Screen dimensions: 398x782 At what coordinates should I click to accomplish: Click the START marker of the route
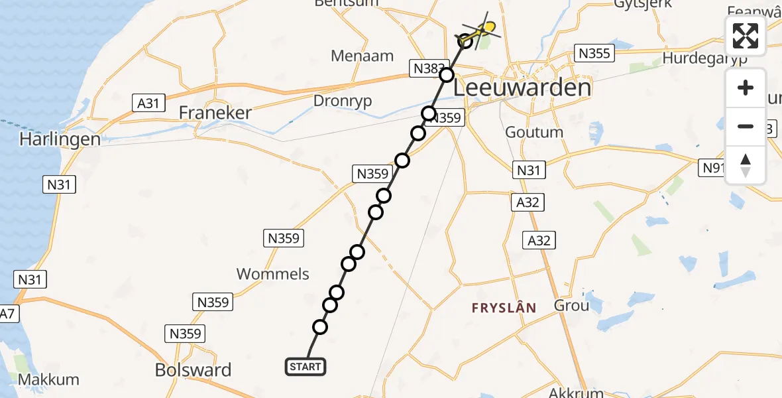point(306,367)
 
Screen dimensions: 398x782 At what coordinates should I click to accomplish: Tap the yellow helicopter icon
point(486,28)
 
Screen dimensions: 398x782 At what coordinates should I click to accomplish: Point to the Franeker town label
point(215,113)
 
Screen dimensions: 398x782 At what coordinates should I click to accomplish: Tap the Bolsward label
point(193,369)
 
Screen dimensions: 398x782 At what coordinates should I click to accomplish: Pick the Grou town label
point(571,306)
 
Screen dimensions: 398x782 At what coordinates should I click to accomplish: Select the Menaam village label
point(363,56)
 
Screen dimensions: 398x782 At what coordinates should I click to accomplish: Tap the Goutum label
point(534,132)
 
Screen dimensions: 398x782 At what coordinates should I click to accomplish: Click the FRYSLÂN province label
point(503,307)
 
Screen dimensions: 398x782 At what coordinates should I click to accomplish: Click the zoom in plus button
point(746,88)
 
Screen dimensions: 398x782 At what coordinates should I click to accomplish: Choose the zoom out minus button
point(746,126)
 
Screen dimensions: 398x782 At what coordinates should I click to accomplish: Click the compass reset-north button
point(746,165)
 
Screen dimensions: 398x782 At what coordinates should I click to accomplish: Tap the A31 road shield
point(148,103)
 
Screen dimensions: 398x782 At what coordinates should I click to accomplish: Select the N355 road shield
point(594,54)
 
